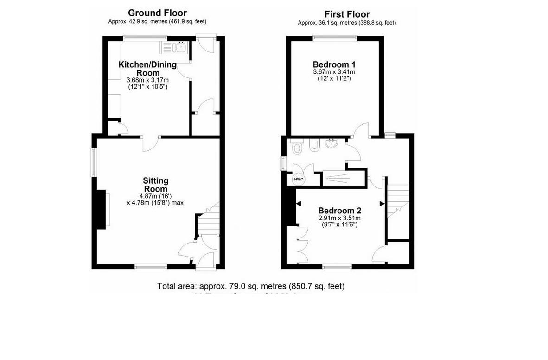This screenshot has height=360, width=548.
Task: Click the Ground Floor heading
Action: (157, 13)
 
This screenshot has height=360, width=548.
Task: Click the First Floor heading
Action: (347, 14)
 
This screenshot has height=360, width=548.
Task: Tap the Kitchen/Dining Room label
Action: (147, 69)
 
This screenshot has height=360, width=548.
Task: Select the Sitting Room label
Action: (155, 185)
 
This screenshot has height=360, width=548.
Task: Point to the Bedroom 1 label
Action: (334, 64)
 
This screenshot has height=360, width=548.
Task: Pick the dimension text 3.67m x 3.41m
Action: (334, 72)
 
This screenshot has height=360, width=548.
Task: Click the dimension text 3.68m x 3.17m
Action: (147, 80)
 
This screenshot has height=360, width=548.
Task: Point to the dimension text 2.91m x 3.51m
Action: (339, 218)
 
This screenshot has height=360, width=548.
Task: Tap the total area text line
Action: (251, 286)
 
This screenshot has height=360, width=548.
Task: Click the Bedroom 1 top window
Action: (335, 39)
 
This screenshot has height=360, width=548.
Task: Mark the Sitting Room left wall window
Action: (93, 162)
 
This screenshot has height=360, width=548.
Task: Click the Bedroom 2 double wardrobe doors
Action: (301, 244)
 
